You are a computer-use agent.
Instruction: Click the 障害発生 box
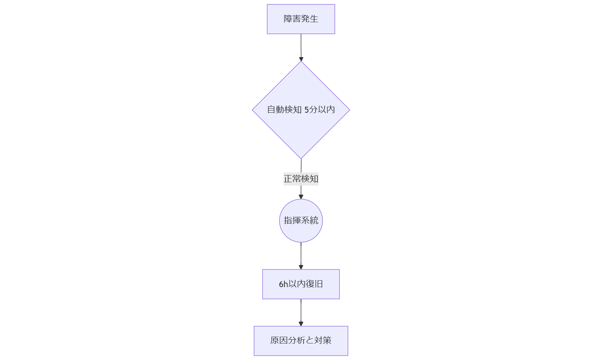[301, 19]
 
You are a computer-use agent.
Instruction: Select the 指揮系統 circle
[301, 221]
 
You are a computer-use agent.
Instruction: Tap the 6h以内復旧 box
[301, 284]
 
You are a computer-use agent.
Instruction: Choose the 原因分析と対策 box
[301, 340]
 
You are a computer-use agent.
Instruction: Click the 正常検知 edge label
[301, 179]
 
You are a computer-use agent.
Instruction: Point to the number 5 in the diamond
[306, 110]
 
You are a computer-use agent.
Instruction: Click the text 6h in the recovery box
[283, 284]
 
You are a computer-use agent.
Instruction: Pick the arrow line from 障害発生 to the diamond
[301, 45]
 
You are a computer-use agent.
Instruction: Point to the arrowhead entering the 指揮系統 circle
[301, 197]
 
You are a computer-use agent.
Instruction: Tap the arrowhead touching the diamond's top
[301, 59]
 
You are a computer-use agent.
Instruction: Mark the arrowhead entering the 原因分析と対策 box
[301, 324]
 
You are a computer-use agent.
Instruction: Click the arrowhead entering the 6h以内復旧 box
[301, 267]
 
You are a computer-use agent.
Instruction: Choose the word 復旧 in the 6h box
[314, 284]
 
